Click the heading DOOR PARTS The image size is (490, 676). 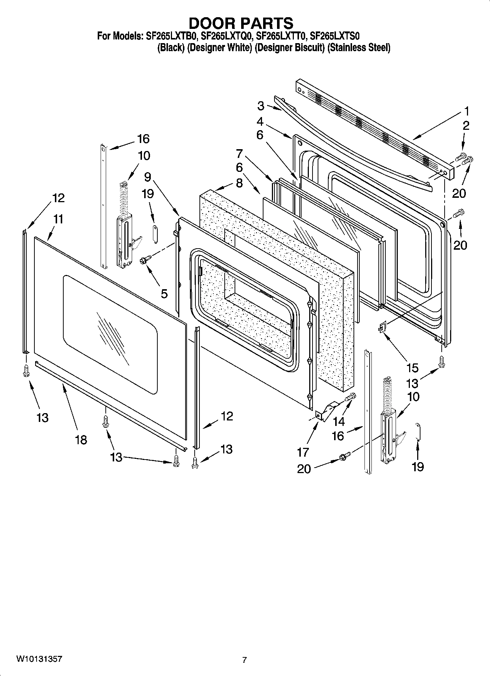tap(241, 23)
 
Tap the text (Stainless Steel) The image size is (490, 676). tap(358, 48)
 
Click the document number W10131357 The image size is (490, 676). tap(39, 659)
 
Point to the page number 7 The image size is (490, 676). tap(244, 660)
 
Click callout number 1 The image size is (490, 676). tap(466, 111)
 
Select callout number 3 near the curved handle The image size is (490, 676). tap(261, 106)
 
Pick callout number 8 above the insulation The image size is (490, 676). tap(239, 183)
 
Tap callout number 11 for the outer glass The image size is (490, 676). tap(58, 219)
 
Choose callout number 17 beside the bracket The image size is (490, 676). tap(303, 452)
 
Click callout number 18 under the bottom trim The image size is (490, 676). tap(81, 440)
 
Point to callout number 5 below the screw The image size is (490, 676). tap(164, 293)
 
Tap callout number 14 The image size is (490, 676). tap(339, 422)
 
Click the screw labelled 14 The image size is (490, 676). tap(350, 396)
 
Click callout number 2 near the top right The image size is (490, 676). tap(465, 126)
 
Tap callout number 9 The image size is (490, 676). tap(147, 177)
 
